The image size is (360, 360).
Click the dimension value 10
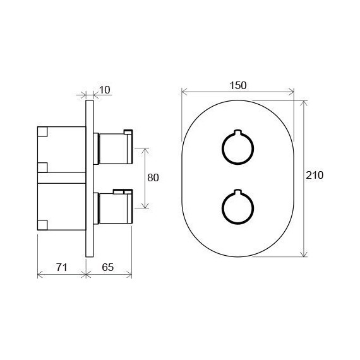point(105,90)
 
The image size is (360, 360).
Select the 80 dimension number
point(153,177)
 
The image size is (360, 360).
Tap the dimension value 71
point(61,267)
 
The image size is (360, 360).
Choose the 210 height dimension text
point(315,176)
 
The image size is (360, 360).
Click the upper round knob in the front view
point(237,149)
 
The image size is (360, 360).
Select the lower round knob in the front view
point(237,206)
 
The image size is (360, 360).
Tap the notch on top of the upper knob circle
point(237,133)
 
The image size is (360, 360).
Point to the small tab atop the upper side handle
point(128,131)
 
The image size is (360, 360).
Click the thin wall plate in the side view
point(90,177)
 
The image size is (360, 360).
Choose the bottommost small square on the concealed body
point(42,223)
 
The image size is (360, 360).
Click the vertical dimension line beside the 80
point(145,177)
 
